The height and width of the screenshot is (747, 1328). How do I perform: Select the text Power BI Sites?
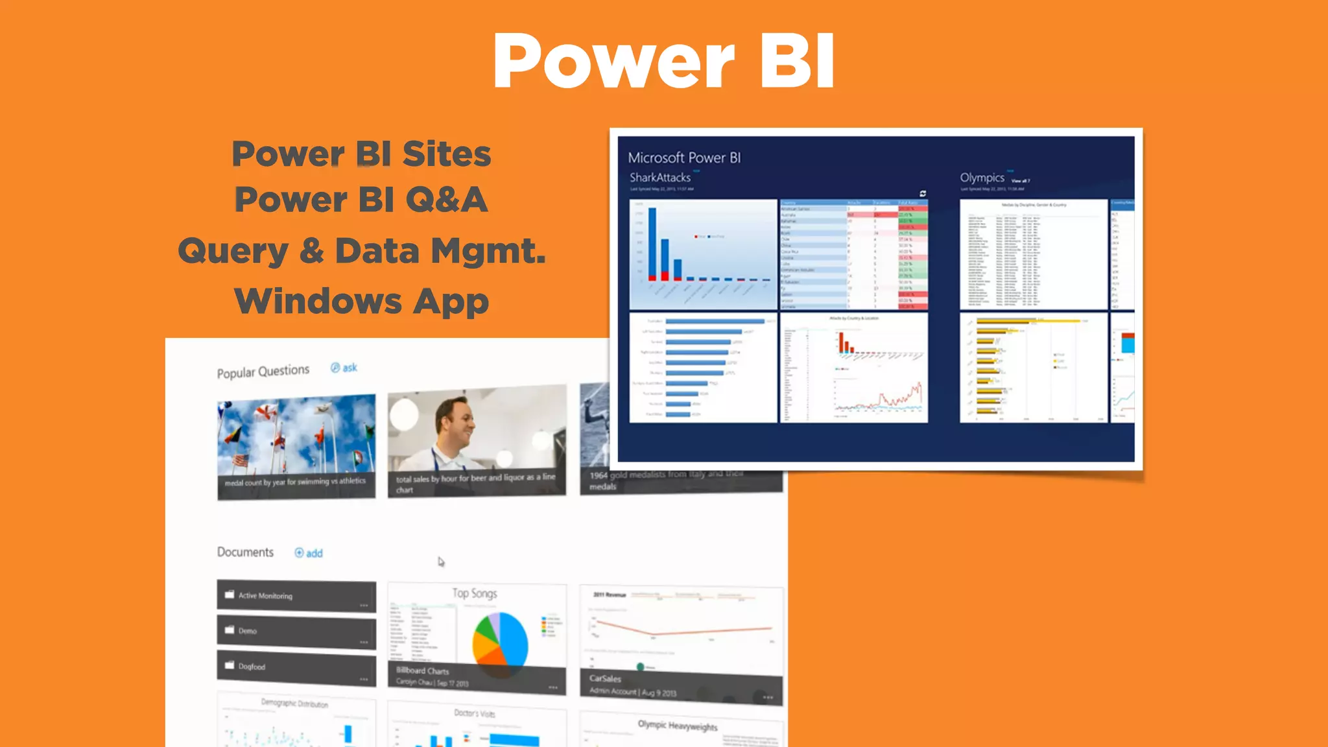[361, 154]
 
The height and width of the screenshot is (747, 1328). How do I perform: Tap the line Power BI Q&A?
[361, 200]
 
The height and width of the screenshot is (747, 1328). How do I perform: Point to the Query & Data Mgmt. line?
[362, 251]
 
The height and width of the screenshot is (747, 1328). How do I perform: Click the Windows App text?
[361, 302]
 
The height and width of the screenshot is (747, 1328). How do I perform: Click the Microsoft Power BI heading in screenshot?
[684, 158]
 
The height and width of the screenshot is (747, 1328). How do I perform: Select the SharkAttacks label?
[660, 178]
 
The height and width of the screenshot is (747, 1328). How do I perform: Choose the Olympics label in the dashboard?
[982, 178]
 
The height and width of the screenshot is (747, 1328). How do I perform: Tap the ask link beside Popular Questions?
[344, 368]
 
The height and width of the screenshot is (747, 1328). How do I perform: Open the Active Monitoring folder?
[296, 596]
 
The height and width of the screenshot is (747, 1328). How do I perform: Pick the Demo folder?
[296, 631]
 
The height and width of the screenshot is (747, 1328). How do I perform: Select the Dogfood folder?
[296, 667]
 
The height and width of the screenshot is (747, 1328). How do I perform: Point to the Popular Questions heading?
[263, 372]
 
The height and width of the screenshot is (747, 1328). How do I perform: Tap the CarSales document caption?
[605, 679]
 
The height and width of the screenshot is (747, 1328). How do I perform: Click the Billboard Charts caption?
[422, 671]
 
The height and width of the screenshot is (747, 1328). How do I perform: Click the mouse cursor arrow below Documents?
[441, 562]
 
